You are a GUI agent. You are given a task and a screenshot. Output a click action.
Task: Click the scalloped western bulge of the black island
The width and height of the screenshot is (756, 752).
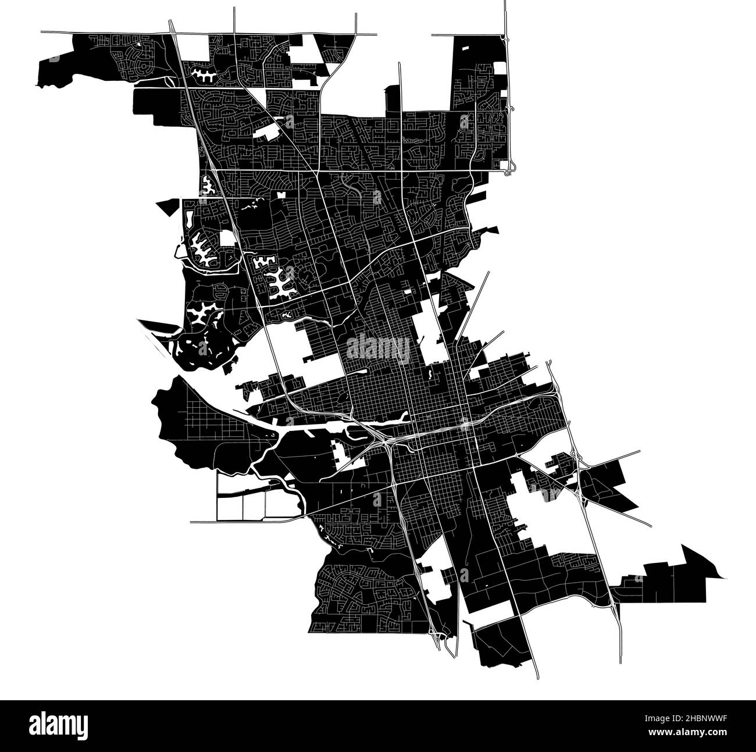(160, 401)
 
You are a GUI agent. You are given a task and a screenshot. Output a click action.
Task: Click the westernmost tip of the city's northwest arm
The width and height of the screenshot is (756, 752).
(38, 85)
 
